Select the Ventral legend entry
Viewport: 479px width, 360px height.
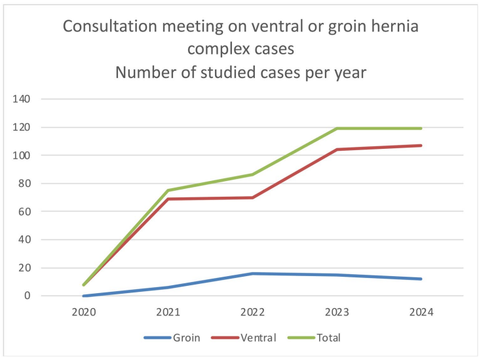coord(258,338)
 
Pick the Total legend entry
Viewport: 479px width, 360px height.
coord(328,338)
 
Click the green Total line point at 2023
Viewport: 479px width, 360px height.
coord(337,129)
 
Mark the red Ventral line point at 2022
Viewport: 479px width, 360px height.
coord(253,197)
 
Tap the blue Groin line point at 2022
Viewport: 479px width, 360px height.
coord(253,273)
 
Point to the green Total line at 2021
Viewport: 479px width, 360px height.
coord(168,190)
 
